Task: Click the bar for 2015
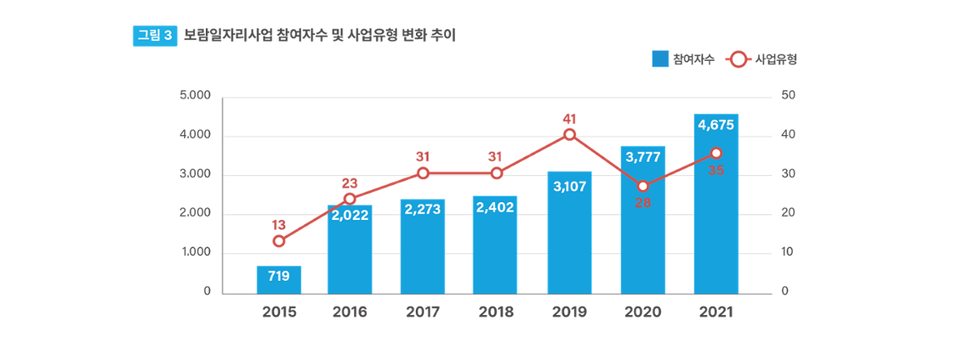pos(278,279)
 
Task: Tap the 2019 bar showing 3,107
pos(569,233)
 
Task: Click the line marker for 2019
pos(569,134)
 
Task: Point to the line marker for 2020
pos(642,186)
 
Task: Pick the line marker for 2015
pos(278,241)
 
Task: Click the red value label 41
pos(569,118)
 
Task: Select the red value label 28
pos(642,202)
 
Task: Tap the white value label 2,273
pos(422,210)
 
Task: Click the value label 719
pos(278,276)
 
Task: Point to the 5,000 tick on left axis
pos(195,96)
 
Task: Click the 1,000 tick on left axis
pos(195,252)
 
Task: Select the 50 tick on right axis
pos(788,96)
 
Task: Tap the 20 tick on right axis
pos(788,213)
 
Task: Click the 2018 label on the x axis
pos(496,312)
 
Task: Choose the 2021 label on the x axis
pos(716,312)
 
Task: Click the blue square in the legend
pos(659,59)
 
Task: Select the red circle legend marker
pos(737,59)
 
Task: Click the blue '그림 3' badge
pos(155,35)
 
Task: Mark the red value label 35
pos(716,170)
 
